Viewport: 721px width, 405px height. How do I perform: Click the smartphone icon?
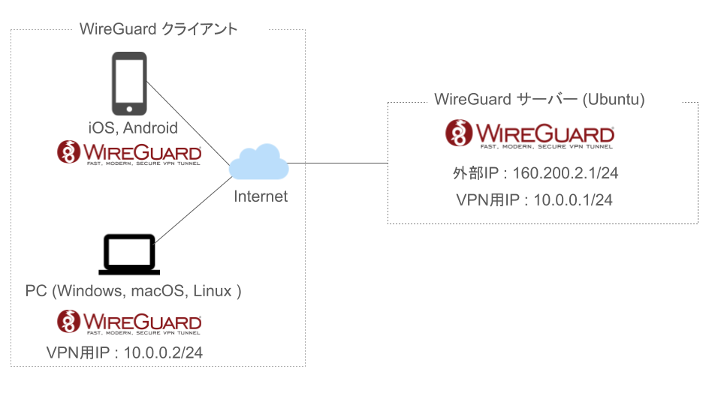pos(129,82)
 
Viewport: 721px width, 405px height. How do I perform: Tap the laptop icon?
pos(129,255)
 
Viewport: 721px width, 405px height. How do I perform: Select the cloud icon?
pos(259,164)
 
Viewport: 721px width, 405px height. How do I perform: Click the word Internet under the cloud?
pos(261,197)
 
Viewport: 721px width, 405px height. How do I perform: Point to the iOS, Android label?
pos(133,127)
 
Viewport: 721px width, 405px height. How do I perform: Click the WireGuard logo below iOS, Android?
pos(129,152)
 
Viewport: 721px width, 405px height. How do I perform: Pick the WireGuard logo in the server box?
pos(530,134)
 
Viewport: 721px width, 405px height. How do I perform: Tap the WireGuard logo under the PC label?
pos(129,322)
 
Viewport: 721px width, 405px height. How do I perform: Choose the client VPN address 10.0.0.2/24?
pos(162,352)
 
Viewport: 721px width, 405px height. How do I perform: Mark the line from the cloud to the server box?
pos(338,163)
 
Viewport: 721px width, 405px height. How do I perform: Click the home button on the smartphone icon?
pos(129,109)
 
